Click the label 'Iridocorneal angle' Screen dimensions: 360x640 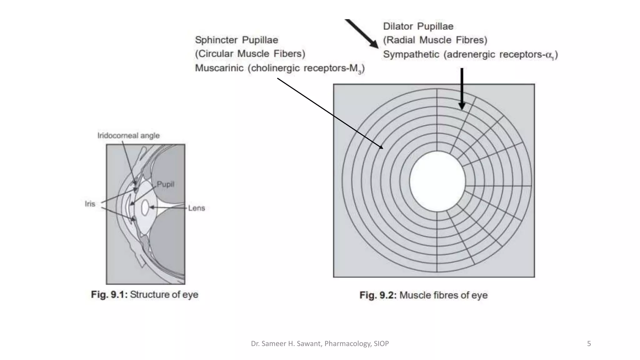click(128, 136)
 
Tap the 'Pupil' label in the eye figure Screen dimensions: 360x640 click(165, 184)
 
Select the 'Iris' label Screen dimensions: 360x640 click(90, 204)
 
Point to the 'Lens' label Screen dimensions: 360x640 click(196, 208)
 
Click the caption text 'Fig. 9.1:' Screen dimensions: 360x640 click(109, 294)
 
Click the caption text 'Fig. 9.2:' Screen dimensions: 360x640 click(378, 295)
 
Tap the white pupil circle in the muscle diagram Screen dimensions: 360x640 click(437, 181)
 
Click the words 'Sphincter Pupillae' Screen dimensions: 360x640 click(236, 40)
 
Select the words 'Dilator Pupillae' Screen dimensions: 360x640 click(418, 26)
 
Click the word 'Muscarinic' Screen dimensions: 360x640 click(219, 68)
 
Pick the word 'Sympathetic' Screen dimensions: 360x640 click(411, 54)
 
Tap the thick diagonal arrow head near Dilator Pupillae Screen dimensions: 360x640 click(373, 43)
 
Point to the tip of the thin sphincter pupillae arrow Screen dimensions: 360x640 click(382, 148)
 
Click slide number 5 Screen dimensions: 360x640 click(589, 344)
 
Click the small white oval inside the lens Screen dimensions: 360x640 click(145, 208)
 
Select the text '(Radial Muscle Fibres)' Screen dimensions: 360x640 click(435, 40)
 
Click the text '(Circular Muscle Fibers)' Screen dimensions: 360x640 click(250, 54)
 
